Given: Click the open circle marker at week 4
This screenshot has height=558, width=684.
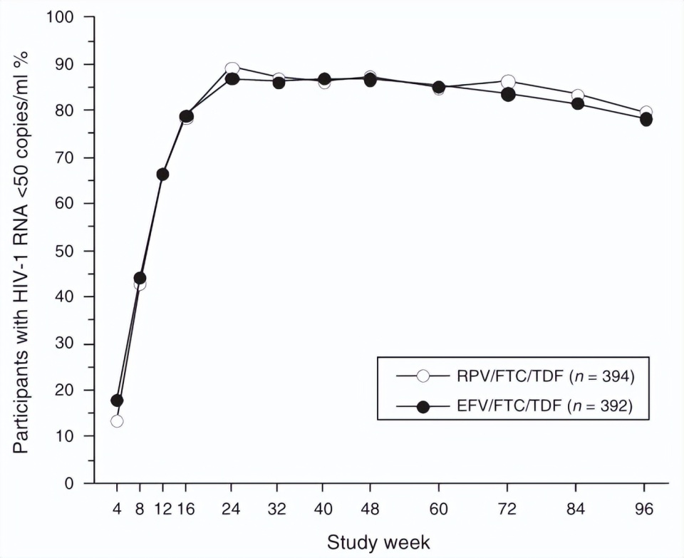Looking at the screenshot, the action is [117, 421].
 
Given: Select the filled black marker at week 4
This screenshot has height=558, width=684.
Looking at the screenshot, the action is [117, 400].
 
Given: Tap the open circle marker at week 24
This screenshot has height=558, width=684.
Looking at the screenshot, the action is [232, 69].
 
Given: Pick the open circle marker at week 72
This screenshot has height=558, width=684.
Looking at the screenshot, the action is [508, 81].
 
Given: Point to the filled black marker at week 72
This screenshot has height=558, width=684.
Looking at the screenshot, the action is [508, 94].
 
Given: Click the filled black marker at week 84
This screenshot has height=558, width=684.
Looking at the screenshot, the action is [578, 104].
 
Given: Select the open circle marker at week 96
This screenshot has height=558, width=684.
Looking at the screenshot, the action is [646, 112].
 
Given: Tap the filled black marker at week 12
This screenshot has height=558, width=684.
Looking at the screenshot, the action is [162, 175].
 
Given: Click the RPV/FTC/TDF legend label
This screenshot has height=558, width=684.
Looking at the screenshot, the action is [546, 376].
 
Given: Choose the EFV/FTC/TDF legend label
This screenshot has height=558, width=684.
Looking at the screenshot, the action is [545, 406].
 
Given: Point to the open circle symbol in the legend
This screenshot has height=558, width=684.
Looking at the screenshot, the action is [423, 376].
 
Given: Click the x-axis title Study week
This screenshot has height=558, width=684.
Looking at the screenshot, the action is [378, 543].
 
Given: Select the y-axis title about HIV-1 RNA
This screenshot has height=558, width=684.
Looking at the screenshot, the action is [20, 252].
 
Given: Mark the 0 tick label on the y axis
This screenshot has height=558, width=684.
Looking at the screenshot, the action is [69, 483].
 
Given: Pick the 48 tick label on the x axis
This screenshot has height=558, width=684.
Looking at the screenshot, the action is [370, 509].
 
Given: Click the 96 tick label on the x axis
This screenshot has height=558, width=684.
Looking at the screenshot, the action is [644, 509].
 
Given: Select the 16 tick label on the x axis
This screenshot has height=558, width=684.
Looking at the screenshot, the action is [185, 509].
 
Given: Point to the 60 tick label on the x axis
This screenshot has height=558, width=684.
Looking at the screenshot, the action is [438, 509].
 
